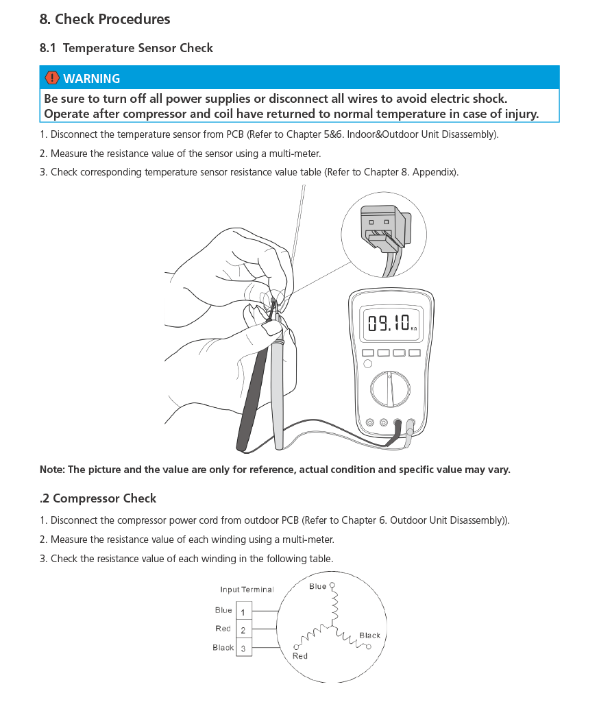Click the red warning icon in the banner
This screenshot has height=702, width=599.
point(52,78)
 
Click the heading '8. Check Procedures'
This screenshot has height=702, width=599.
point(105,19)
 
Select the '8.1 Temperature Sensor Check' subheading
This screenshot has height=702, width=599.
point(127,48)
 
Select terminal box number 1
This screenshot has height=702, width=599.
point(244,612)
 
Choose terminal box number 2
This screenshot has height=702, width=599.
point(244,629)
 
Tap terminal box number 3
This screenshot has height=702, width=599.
point(244,648)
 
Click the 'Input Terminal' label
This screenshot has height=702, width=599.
point(247,590)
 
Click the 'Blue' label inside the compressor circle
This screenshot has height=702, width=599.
point(317,586)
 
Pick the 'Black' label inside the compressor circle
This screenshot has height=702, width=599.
point(369,636)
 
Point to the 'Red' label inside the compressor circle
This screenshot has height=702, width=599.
point(300,656)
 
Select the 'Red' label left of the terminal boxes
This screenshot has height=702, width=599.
point(223,629)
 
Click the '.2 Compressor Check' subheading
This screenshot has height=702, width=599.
point(98,498)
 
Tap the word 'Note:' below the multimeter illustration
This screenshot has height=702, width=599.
point(51,470)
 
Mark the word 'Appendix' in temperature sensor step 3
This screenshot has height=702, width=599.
point(435,172)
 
